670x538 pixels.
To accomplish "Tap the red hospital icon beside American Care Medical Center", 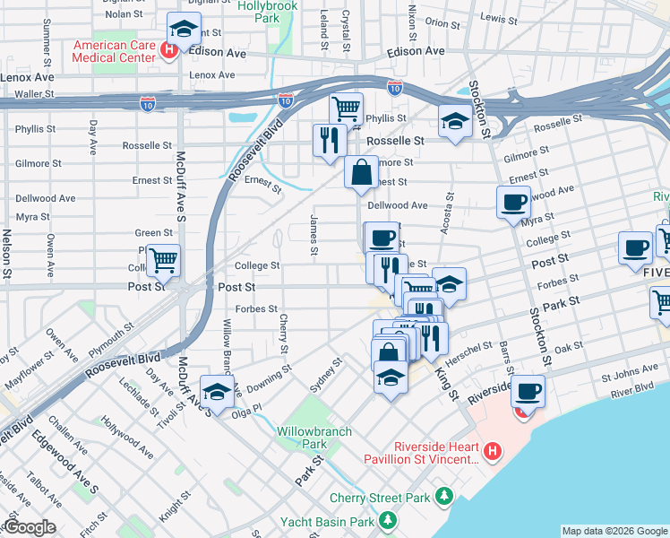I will tap(168, 50).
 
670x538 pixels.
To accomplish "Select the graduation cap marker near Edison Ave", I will tap(184, 30).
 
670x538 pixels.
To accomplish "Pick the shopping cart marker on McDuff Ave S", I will tap(163, 261).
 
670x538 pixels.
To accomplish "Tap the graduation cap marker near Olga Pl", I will tap(217, 391).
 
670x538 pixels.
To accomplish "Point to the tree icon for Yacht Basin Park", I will tap(387, 520).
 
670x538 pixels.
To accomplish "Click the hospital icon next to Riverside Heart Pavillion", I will tap(491, 453).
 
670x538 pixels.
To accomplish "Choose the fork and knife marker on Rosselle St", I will tap(329, 140).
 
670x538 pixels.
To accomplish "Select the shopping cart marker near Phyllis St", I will tap(346, 109).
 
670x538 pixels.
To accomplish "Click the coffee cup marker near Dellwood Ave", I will tap(514, 202).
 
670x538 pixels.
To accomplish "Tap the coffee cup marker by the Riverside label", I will tap(528, 391).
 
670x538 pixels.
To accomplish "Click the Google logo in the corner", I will tap(29, 527).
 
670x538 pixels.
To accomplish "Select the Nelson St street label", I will tap(6, 252).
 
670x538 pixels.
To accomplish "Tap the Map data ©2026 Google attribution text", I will tap(614, 531).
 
